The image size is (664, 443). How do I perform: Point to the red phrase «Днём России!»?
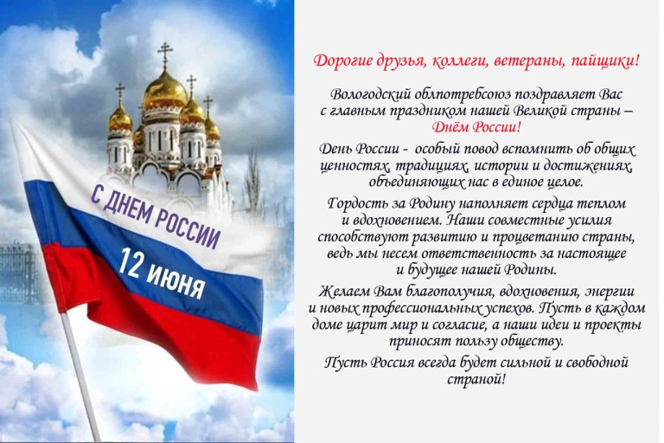476,126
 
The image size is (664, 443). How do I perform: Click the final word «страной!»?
476,378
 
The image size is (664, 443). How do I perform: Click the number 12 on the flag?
128,262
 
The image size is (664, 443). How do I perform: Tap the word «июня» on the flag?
176,281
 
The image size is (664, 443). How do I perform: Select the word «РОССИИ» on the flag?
188,228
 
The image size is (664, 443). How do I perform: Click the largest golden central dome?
165,92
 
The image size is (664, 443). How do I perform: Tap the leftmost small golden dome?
120,119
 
